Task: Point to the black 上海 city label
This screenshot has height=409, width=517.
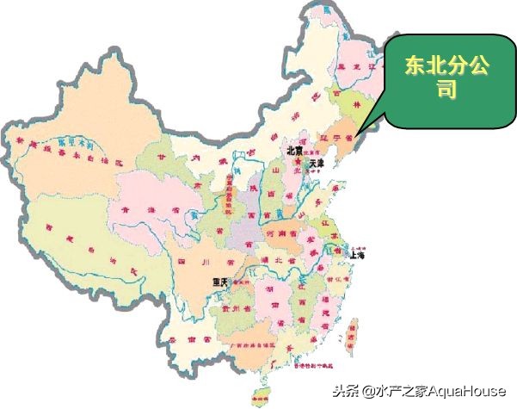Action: (x=358, y=256)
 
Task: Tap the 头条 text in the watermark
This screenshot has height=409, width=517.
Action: (x=344, y=392)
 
